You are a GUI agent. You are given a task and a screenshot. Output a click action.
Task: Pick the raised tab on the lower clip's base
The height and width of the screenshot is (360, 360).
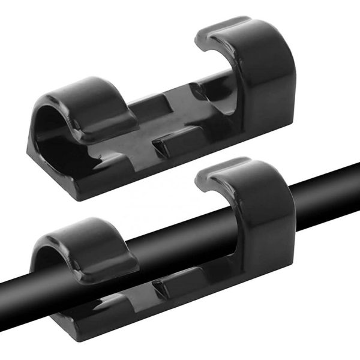click(x=171, y=285)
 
